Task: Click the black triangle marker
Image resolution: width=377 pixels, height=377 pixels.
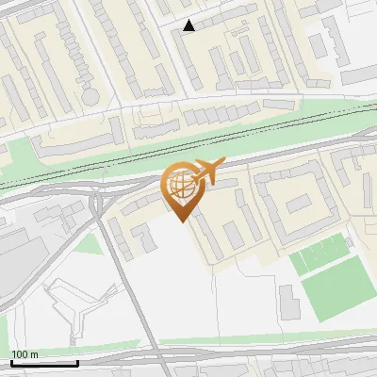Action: point(189,25)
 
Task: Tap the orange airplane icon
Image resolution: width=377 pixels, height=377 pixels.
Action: point(207,172)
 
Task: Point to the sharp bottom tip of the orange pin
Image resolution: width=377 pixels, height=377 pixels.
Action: point(180,221)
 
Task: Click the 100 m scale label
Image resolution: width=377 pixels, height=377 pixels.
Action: point(25,354)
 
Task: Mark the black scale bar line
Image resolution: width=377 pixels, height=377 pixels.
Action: point(43,362)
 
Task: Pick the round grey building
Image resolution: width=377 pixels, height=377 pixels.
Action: point(90,95)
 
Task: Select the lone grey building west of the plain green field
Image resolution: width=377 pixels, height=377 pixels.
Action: point(288,300)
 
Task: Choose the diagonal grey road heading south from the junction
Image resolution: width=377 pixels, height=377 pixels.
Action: point(123,273)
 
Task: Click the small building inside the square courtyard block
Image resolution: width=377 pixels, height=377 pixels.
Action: point(298,204)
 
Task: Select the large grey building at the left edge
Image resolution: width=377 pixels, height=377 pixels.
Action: point(17,259)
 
